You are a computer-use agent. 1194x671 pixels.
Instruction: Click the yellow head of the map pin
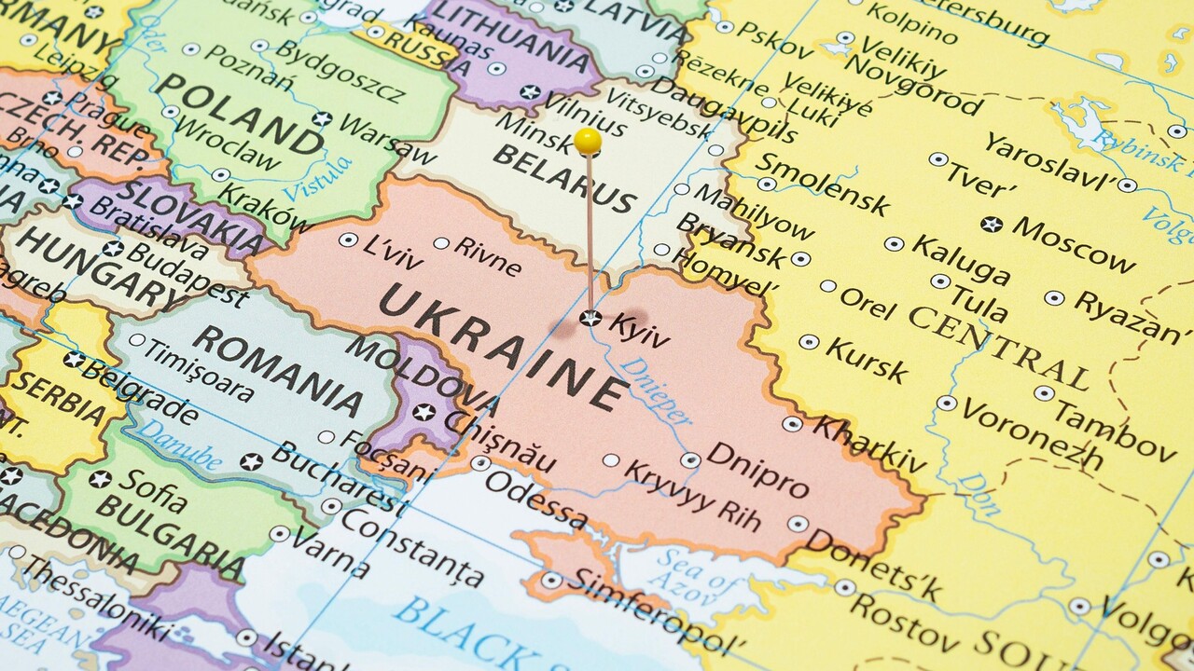(x=588, y=141)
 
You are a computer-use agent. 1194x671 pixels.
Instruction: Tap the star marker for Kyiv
(x=590, y=318)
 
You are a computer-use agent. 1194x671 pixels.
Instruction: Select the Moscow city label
(x=1074, y=242)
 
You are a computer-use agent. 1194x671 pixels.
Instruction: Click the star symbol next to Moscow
(x=992, y=224)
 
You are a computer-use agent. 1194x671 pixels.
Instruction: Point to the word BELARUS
(x=564, y=177)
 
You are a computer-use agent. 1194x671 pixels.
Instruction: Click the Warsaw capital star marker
(x=322, y=119)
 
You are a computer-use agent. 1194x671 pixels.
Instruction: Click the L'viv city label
(x=393, y=253)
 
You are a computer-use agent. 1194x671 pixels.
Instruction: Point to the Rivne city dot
(x=440, y=243)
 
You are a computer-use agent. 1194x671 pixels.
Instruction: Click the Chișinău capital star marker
(x=424, y=411)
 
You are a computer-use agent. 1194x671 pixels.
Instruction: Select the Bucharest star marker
(x=250, y=461)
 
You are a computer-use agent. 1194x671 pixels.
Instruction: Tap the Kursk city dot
(x=809, y=342)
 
